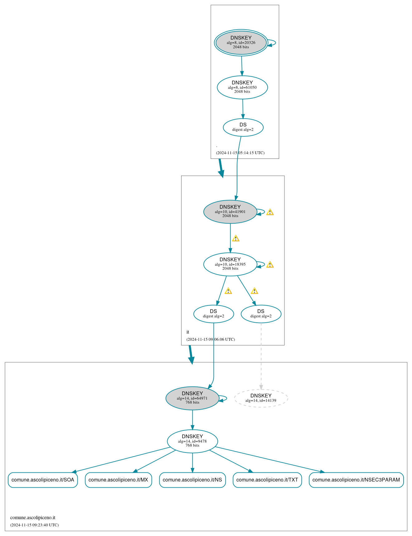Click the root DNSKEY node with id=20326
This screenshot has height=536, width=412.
[x=241, y=43]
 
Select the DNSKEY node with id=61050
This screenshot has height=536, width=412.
[x=242, y=87]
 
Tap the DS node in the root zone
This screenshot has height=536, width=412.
[x=243, y=127]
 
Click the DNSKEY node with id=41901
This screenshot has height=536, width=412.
[x=230, y=212]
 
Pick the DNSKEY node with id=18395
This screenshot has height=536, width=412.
[x=230, y=264]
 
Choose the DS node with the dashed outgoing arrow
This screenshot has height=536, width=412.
[x=261, y=314]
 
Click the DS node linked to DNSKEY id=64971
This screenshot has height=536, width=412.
[x=214, y=314]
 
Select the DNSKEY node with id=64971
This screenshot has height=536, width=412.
[x=192, y=398]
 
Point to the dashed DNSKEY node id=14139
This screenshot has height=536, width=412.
[x=261, y=398]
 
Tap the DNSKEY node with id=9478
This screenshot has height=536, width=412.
[x=192, y=441]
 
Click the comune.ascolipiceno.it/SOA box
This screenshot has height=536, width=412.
[x=43, y=480]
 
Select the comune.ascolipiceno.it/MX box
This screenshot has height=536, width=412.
[x=118, y=480]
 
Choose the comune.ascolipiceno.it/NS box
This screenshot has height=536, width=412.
[x=192, y=480]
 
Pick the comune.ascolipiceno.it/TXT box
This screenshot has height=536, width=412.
[x=267, y=480]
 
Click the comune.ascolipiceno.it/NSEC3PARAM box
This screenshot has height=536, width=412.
[x=356, y=480]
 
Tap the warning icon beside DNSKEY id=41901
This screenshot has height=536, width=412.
[x=270, y=212]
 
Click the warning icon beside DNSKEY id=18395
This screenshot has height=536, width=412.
[x=270, y=265]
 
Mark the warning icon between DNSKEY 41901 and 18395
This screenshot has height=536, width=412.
[x=236, y=239]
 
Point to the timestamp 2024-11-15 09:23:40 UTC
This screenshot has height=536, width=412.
[x=35, y=525]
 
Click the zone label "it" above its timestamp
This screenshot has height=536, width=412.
[x=188, y=332]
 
